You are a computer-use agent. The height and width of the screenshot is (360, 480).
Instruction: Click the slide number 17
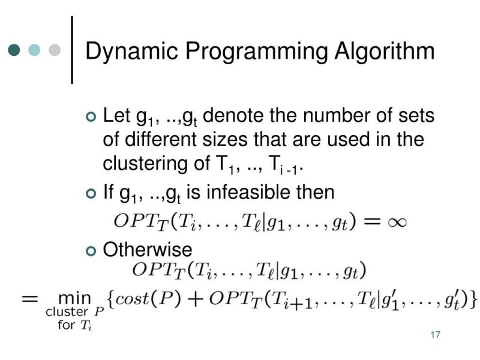436,335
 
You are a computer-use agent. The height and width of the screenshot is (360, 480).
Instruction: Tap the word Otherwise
148,250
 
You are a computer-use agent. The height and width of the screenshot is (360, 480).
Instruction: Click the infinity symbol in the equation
393,222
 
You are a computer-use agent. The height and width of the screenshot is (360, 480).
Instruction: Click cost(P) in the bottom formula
148,299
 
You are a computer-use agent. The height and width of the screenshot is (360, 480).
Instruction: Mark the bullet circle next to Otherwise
91,250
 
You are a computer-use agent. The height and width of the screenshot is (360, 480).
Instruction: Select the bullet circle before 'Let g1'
91,116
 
